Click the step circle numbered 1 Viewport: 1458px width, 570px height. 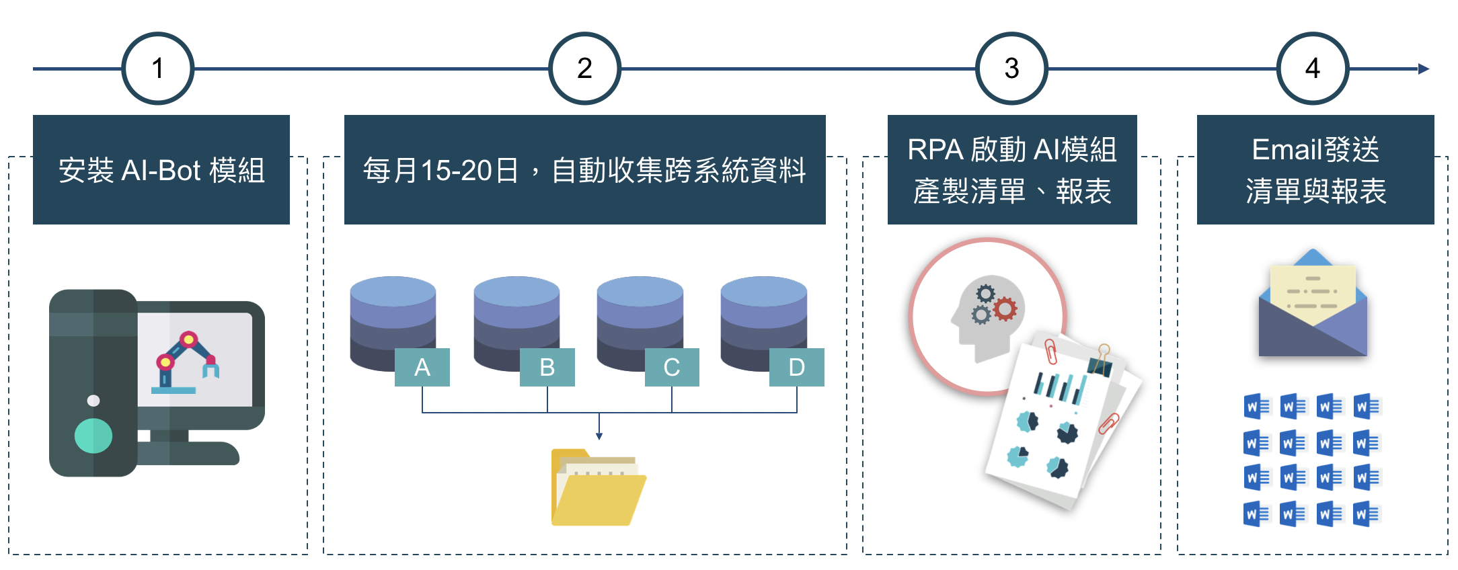[x=158, y=69]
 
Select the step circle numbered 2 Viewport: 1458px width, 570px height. [x=584, y=69]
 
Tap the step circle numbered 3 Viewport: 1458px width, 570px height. [x=1011, y=69]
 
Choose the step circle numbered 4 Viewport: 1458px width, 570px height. [x=1312, y=69]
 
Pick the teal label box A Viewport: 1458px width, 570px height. [x=422, y=367]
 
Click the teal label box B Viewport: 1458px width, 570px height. [x=547, y=367]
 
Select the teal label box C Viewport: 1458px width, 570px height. [x=671, y=367]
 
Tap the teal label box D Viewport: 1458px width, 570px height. [x=796, y=367]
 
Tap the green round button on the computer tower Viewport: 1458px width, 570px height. [x=93, y=436]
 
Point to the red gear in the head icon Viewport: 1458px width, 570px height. [x=1005, y=309]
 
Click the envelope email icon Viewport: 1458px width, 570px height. [x=1313, y=306]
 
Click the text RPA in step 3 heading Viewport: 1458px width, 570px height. [x=935, y=150]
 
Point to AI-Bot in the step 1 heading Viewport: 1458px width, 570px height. [x=161, y=171]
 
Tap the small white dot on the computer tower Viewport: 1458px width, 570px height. [x=93, y=401]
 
